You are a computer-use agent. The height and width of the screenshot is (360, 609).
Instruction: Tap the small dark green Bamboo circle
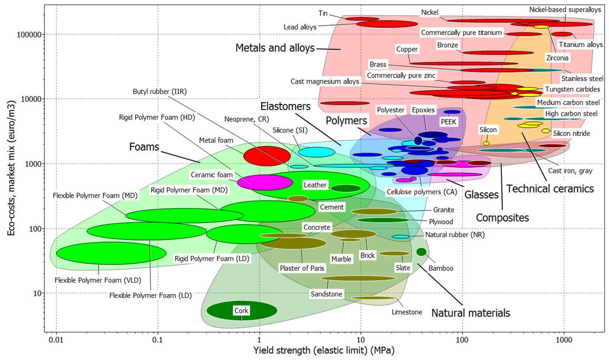pyautogui.click(x=421, y=252)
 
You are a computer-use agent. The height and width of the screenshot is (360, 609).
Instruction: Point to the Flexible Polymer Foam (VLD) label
pyautogui.click(x=98, y=280)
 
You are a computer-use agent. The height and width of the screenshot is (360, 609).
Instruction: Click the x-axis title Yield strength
pyautogui.click(x=323, y=350)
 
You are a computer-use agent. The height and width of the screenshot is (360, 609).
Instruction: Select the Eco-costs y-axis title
pyautogui.click(x=11, y=168)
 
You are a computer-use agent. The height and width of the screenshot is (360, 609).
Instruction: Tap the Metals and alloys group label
pyautogui.click(x=275, y=48)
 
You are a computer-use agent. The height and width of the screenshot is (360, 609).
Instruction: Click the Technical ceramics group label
pyautogui.click(x=550, y=189)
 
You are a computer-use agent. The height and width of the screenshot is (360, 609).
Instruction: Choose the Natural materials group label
pyautogui.click(x=471, y=313)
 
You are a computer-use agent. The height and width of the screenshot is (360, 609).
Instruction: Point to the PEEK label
pyautogui.click(x=448, y=121)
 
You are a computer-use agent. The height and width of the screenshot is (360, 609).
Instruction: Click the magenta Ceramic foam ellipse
pyautogui.click(x=265, y=182)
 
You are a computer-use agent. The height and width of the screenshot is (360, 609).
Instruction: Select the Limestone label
pyautogui.click(x=407, y=312)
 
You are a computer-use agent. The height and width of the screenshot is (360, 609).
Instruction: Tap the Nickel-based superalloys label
pyautogui.click(x=565, y=10)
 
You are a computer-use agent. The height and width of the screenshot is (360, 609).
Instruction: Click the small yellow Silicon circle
pyautogui.click(x=486, y=143)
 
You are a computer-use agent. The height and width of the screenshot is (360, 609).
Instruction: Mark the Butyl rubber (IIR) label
pyautogui.click(x=160, y=91)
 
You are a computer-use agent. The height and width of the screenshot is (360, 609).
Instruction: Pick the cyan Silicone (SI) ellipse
pyautogui.click(x=316, y=152)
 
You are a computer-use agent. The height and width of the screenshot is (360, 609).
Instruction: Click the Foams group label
pyautogui.click(x=144, y=147)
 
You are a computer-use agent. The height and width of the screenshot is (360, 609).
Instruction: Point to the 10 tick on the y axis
pyautogui.click(x=37, y=293)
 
